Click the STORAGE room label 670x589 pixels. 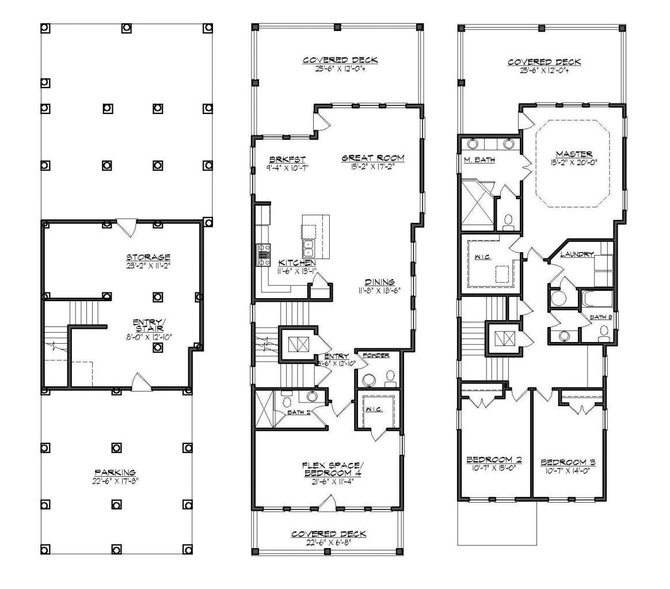(x=149, y=257)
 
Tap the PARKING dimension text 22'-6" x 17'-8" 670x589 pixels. (x=115, y=481)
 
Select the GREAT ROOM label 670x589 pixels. (x=372, y=158)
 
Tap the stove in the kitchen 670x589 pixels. (x=263, y=253)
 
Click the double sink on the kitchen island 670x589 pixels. (x=308, y=248)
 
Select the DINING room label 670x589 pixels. (x=380, y=282)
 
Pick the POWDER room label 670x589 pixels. (x=376, y=355)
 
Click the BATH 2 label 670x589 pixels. (x=299, y=412)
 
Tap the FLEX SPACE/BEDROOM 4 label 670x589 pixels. (x=332, y=469)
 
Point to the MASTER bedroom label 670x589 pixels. (x=574, y=154)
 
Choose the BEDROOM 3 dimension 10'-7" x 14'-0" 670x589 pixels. (x=568, y=470)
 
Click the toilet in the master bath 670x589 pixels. (x=508, y=221)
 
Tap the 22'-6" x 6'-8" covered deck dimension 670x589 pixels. (x=328, y=542)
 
